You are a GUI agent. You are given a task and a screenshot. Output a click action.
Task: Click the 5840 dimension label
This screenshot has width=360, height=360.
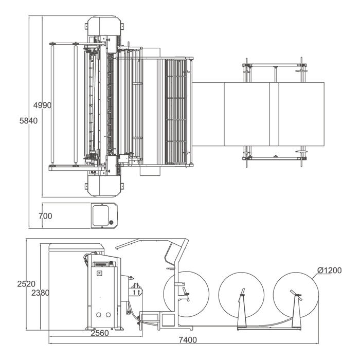click(28, 121)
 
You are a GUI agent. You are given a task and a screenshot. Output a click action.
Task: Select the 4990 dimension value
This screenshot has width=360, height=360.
click(42, 105)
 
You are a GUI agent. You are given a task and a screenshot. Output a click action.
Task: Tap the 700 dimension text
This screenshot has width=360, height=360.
click(45, 216)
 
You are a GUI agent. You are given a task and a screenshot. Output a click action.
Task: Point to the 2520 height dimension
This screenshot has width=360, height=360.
click(26, 284)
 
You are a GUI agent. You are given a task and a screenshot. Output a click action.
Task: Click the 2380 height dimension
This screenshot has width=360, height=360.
click(41, 293)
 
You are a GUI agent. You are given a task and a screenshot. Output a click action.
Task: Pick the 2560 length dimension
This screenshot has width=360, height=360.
click(100, 333)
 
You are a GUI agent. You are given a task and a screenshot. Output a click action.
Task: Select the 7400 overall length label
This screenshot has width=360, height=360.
click(188, 340)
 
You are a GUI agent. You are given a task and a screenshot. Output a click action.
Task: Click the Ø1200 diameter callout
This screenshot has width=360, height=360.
click(330, 271)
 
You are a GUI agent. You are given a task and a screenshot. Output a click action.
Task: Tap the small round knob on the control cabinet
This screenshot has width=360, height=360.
click(112, 222)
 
